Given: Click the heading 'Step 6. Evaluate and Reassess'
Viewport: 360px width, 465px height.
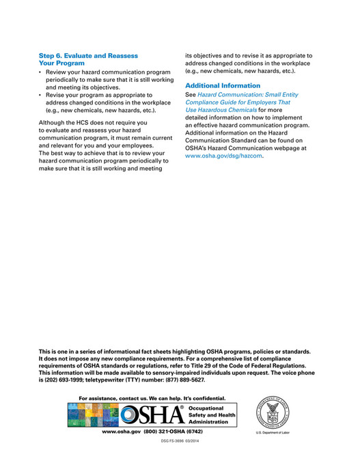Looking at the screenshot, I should (x=88, y=55).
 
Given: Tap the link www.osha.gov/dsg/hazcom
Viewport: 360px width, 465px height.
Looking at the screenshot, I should (x=224, y=156).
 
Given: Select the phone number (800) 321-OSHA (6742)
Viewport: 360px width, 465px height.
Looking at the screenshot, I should (x=173, y=432).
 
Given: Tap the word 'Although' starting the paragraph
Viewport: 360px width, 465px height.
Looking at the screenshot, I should (x=54, y=122).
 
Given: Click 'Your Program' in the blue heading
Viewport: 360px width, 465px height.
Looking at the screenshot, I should (x=61, y=63).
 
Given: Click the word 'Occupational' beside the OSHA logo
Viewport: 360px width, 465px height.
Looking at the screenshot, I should (x=211, y=408).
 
